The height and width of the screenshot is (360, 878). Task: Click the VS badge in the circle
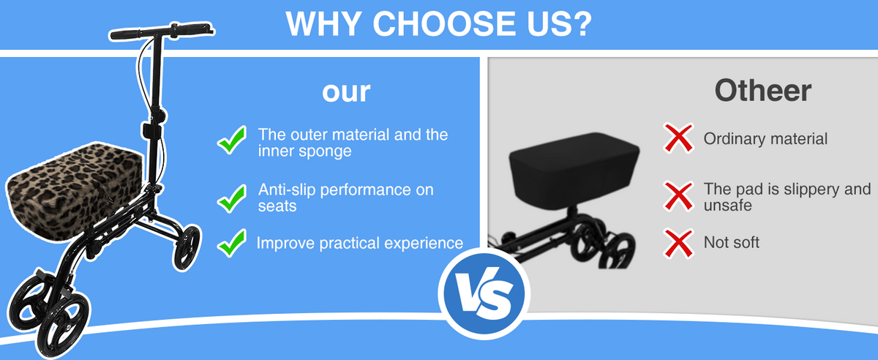[484, 293]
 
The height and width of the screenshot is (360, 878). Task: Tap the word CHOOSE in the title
[446, 23]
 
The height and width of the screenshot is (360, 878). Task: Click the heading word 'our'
[346, 92]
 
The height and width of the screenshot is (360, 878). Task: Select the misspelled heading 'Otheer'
[762, 91]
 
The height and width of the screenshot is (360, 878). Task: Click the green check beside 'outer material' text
[232, 140]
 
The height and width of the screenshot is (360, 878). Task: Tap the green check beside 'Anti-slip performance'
[232, 198]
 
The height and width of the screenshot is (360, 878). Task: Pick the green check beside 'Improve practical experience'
[232, 243]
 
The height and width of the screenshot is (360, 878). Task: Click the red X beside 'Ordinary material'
[678, 138]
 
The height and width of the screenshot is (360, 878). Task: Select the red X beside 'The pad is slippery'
[678, 197]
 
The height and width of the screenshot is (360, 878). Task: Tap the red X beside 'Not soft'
[678, 244]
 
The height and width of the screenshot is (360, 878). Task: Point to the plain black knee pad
[574, 171]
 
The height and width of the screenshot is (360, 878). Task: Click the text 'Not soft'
[732, 242]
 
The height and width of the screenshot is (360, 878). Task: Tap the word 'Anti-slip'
[287, 190]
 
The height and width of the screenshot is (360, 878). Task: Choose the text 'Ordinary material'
[765, 139]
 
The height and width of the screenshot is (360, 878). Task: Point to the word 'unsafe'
[728, 206]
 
